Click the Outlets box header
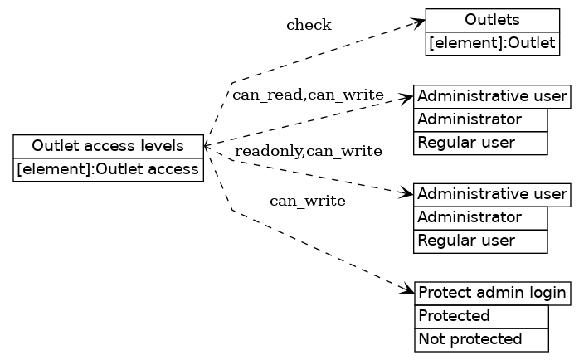[x=492, y=20]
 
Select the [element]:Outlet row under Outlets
[x=492, y=44]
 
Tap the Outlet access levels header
[x=108, y=146]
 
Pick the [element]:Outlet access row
[x=108, y=170]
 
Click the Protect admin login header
[x=493, y=293]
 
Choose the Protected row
[x=481, y=316]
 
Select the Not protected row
[x=481, y=339]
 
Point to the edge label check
[x=309, y=25]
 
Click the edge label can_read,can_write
[x=308, y=95]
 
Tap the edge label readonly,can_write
[x=308, y=151]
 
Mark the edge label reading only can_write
[x=308, y=201]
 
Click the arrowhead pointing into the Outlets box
[x=420, y=22]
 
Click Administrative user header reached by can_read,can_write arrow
[x=492, y=96]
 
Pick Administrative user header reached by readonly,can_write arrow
[x=492, y=194]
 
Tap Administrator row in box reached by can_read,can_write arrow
[x=480, y=119]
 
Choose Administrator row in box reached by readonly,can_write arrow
[x=480, y=217]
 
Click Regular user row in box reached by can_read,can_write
[x=480, y=143]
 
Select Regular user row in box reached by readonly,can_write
[x=480, y=241]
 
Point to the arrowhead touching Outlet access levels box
[x=208, y=145]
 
